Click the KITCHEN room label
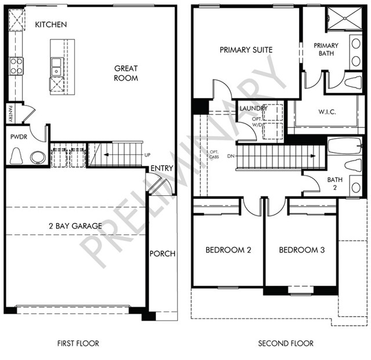(x=51, y=24)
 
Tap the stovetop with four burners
(x=16, y=66)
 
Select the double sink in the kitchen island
(x=57, y=67)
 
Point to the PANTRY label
(x=10, y=114)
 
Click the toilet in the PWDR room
(x=16, y=156)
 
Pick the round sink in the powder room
(x=38, y=158)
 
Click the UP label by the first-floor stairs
(x=147, y=155)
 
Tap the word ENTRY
(x=162, y=168)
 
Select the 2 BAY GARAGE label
(x=75, y=226)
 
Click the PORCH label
(x=162, y=254)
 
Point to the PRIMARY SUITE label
(x=246, y=50)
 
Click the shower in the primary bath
(x=344, y=18)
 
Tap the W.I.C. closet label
(x=327, y=112)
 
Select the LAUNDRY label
(x=253, y=108)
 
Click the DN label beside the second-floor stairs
(x=231, y=156)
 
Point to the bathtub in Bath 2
(x=345, y=146)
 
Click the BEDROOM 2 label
(x=228, y=250)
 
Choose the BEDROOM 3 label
(x=302, y=250)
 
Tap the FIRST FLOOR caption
(x=78, y=343)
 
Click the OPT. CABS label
(x=214, y=154)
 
